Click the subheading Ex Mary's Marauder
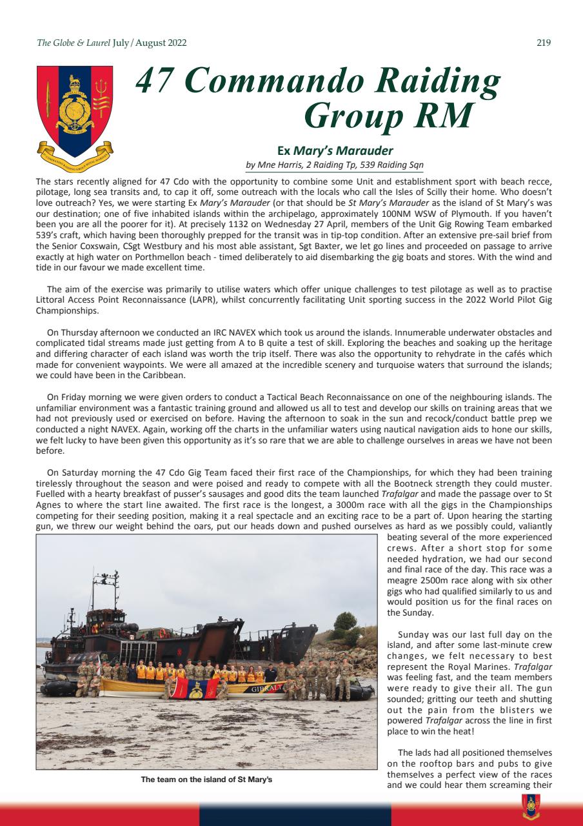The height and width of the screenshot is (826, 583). coord(335,151)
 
